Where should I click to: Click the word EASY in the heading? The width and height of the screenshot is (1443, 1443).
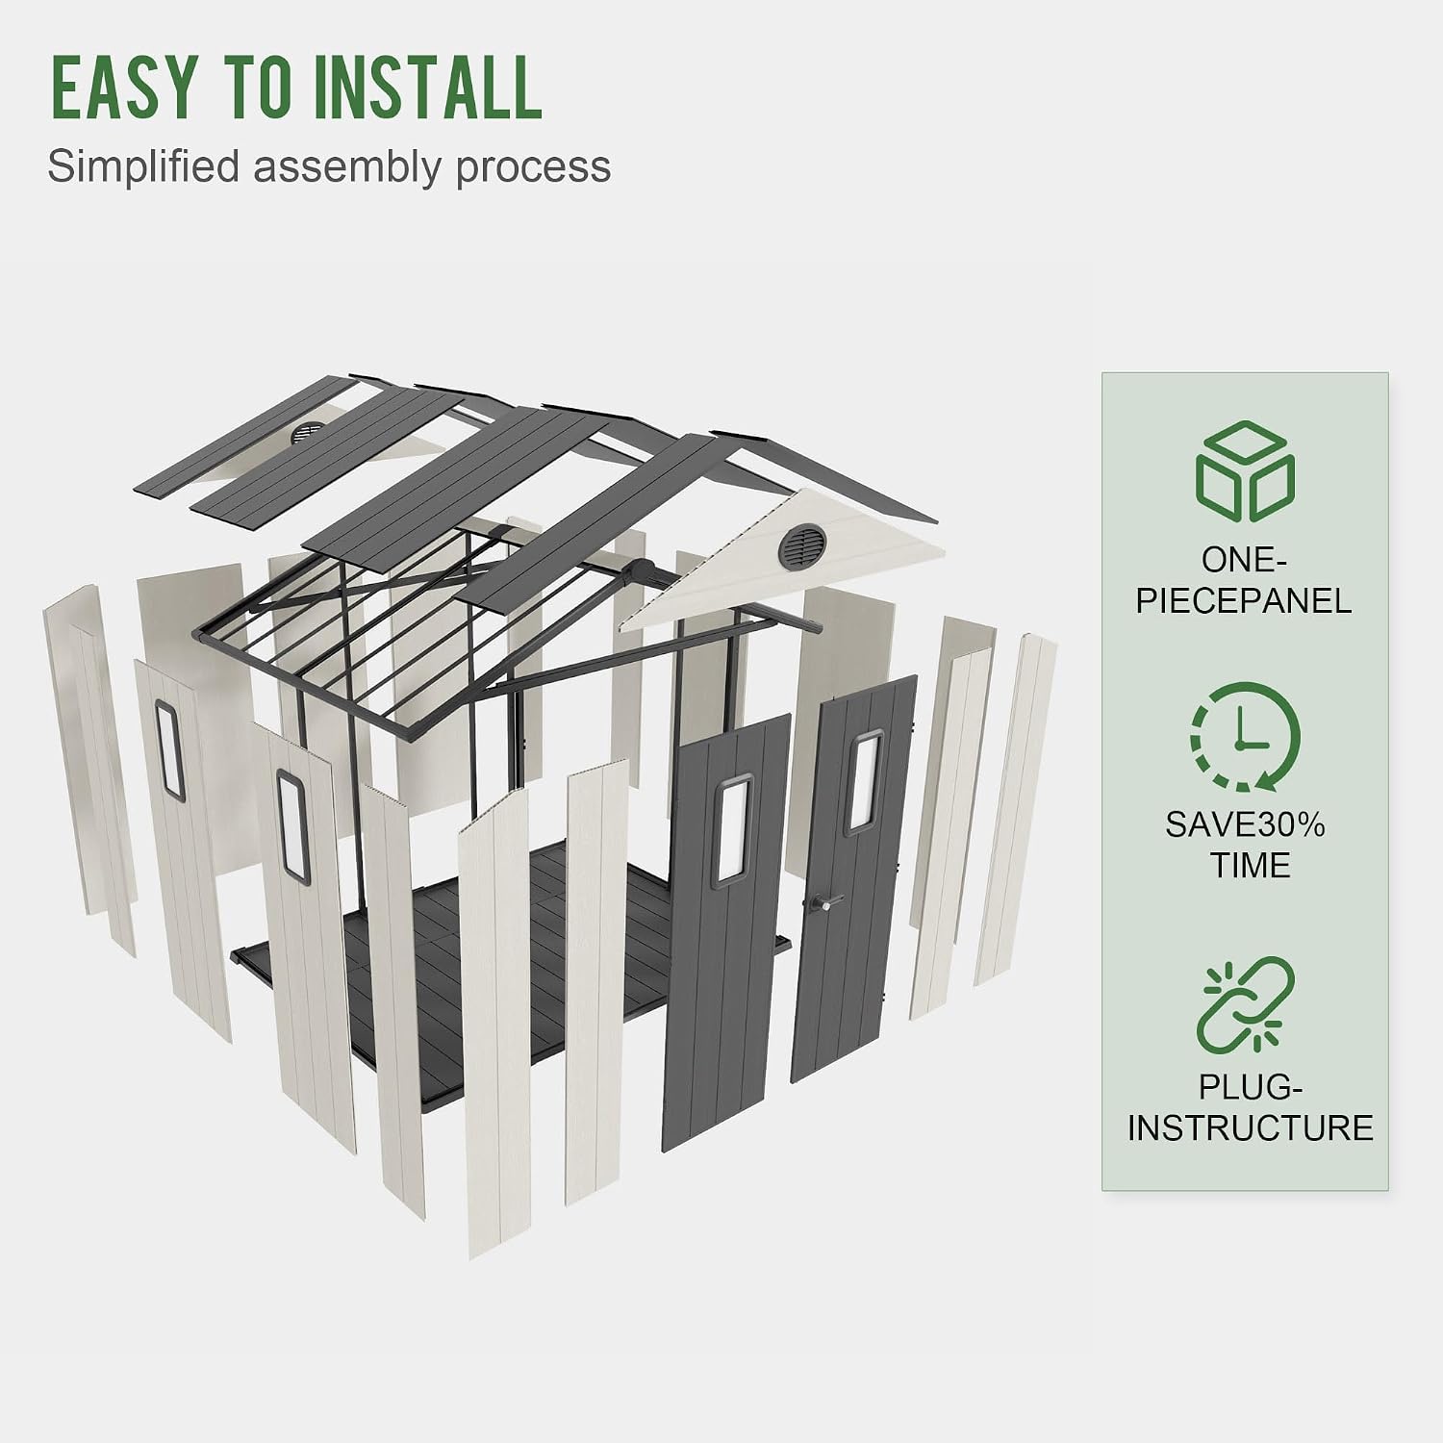pos(123,88)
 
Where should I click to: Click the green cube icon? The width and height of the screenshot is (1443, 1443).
pos(1245,471)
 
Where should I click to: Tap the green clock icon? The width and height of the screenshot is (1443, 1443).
pos(1245,737)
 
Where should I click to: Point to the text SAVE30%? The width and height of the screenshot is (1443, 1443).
pos(1245,825)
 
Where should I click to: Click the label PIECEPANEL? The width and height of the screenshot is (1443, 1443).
pos(1244,601)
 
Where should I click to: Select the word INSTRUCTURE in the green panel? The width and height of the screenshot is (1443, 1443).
pos(1250,1127)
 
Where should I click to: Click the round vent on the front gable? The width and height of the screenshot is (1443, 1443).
pos(803,545)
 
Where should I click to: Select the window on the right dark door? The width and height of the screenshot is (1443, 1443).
pos(863,782)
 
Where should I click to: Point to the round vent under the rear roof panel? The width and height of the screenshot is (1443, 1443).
pos(309,433)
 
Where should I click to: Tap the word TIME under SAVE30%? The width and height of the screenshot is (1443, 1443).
pos(1250,866)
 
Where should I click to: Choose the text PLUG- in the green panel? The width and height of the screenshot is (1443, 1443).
pos(1250,1087)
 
